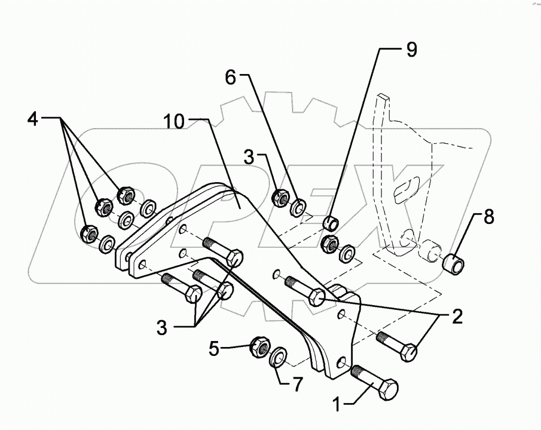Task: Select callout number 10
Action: tap(175, 122)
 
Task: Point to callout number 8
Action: tap(488, 217)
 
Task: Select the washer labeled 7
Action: tap(277, 359)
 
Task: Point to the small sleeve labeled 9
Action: tap(330, 223)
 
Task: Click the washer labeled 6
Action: tap(298, 207)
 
